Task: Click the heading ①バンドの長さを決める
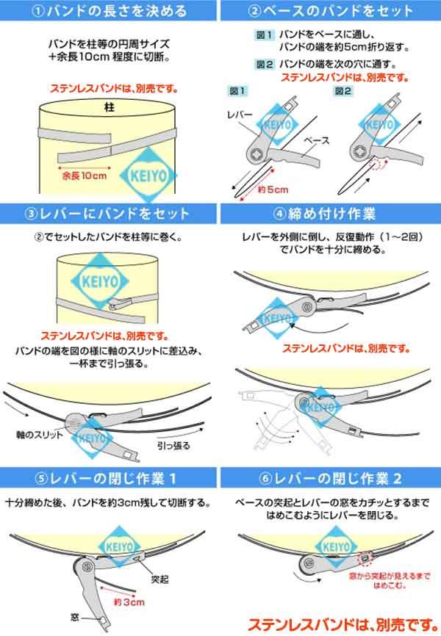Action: pos(109,11)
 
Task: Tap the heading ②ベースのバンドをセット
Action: pos(330,11)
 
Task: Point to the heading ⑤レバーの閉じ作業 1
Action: pos(106,479)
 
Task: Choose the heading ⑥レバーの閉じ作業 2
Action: pos(330,479)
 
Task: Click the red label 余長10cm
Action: pos(85,176)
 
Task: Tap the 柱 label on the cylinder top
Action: pos(109,107)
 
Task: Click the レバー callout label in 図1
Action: pos(240,115)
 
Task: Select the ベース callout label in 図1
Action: pos(317,141)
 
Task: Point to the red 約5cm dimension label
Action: pos(273,189)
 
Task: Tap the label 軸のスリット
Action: pos(40,435)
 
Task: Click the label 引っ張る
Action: pos(173,445)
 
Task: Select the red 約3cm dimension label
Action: pos(129,602)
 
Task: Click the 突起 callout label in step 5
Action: pos(160,579)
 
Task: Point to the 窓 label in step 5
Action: pos(75,618)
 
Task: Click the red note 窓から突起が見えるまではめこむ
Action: pos(390,580)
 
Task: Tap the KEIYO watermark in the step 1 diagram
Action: pos(148,176)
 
